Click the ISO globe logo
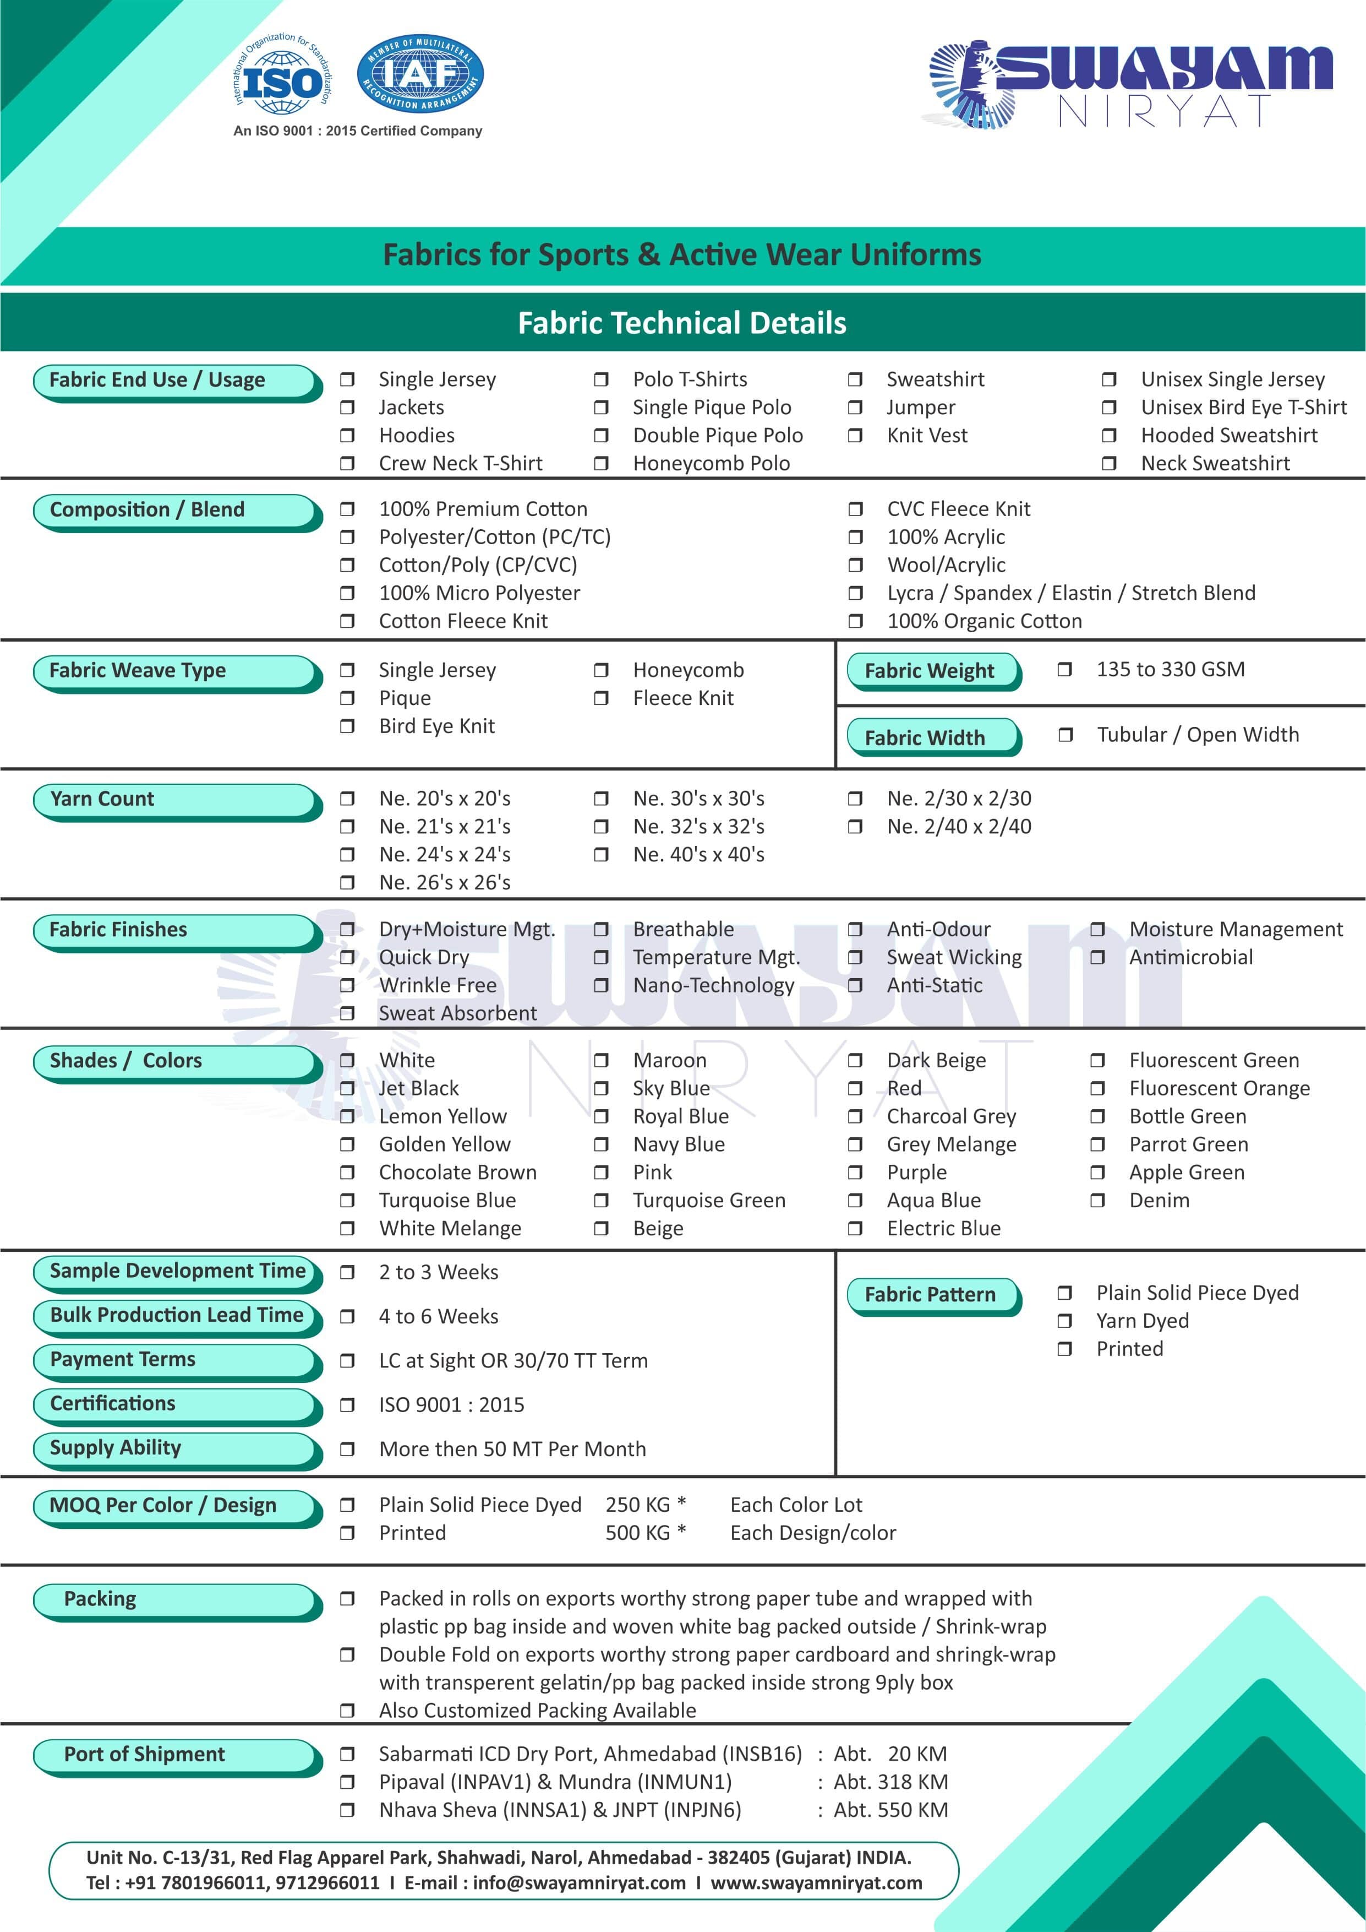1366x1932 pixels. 283,82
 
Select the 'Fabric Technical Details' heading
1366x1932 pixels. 682,323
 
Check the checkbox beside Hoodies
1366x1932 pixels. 347,436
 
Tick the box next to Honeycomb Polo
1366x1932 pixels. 600,464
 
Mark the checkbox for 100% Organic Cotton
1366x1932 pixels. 855,621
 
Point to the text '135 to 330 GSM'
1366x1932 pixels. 1170,670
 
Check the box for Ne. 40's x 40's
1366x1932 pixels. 600,855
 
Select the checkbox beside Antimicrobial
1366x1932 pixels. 1097,958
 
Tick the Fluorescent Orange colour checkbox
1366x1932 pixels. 1097,1089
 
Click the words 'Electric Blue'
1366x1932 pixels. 944,1229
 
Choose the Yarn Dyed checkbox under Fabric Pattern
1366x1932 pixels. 1064,1321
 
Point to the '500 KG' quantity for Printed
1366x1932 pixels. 637,1533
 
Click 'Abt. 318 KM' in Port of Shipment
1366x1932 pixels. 890,1782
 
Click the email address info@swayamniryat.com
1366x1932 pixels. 578,1883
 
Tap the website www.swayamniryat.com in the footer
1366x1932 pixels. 816,1883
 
